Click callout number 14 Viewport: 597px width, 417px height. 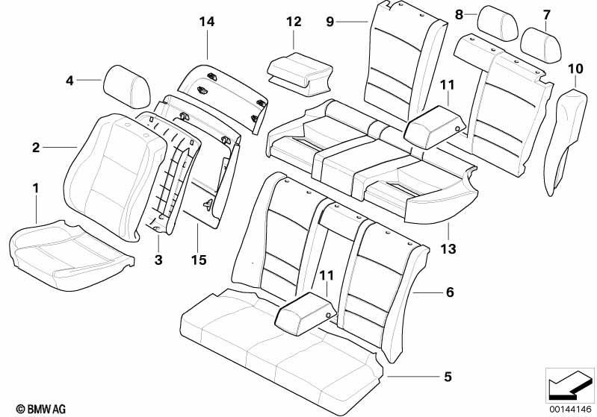coord(207,22)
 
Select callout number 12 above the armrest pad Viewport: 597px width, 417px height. coord(294,22)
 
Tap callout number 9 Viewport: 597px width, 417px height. coord(330,22)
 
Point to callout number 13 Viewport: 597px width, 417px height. coord(448,249)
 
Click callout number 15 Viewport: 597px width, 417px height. coord(199,260)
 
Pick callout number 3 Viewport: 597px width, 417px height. coord(158,260)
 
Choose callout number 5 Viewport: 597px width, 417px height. coord(448,376)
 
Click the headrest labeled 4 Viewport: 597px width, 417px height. coord(127,87)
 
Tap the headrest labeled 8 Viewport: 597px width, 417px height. coord(498,23)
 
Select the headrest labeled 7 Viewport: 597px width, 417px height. coord(541,45)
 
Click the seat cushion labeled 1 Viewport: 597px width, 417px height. coord(71,255)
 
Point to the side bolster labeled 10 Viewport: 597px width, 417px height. coord(566,141)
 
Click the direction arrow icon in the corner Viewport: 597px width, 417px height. coord(569,385)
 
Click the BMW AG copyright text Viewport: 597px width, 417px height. coord(41,409)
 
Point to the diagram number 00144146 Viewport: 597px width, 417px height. coord(570,410)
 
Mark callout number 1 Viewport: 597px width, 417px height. coord(36,189)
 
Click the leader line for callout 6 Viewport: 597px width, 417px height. coord(426,292)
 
